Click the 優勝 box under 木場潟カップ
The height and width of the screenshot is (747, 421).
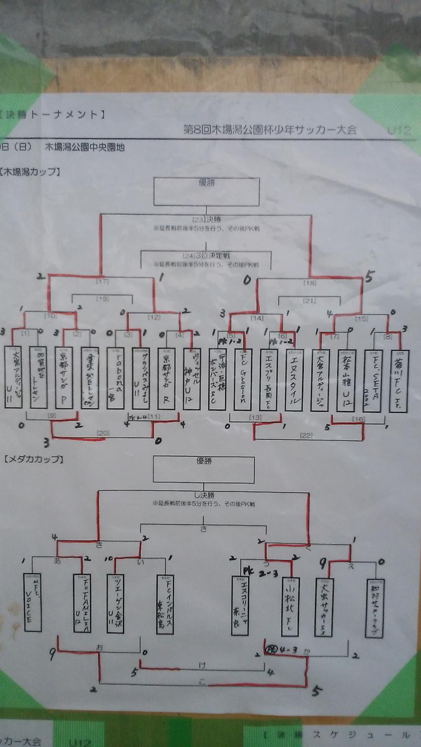point(206,192)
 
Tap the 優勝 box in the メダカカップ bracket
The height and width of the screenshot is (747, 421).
point(204,469)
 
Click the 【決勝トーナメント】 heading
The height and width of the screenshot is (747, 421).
point(53,114)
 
